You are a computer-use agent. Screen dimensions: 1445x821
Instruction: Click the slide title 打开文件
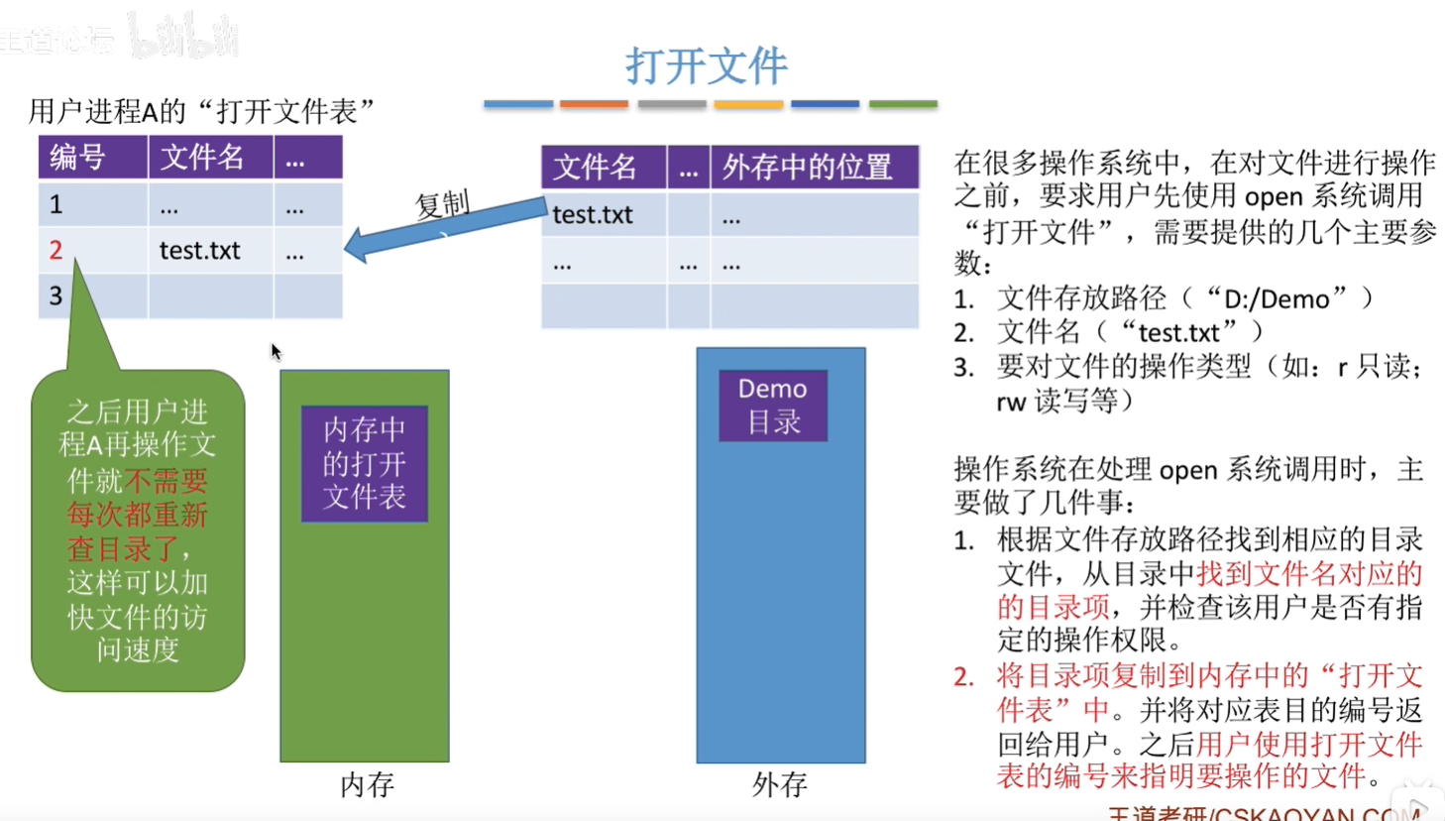pos(706,65)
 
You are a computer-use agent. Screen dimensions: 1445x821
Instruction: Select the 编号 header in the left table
pos(77,157)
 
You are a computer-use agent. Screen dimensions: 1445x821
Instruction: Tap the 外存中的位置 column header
pos(807,167)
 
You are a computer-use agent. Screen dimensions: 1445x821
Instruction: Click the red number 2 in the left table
pos(56,250)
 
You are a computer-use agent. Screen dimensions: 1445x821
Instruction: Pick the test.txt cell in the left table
pos(199,250)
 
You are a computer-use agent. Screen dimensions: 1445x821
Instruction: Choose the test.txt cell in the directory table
pos(593,214)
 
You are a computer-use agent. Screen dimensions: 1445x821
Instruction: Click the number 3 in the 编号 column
pos(56,295)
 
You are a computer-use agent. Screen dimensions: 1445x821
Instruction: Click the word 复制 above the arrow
pos(442,203)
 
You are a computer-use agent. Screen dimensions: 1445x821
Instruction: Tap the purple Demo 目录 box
pos(772,405)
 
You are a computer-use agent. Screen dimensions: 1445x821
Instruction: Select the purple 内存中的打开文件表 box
pos(365,463)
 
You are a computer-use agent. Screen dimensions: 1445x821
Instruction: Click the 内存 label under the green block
pos(367,784)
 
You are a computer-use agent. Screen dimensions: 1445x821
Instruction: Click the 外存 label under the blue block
pos(779,784)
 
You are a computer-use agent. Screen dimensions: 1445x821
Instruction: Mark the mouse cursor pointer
pos(275,350)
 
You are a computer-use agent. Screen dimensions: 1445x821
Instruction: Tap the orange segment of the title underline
pos(594,104)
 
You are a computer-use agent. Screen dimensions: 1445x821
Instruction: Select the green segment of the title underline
pos(903,104)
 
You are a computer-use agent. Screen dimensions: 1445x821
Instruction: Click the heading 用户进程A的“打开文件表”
pos(202,111)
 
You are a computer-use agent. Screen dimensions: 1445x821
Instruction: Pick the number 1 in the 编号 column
pos(56,204)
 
